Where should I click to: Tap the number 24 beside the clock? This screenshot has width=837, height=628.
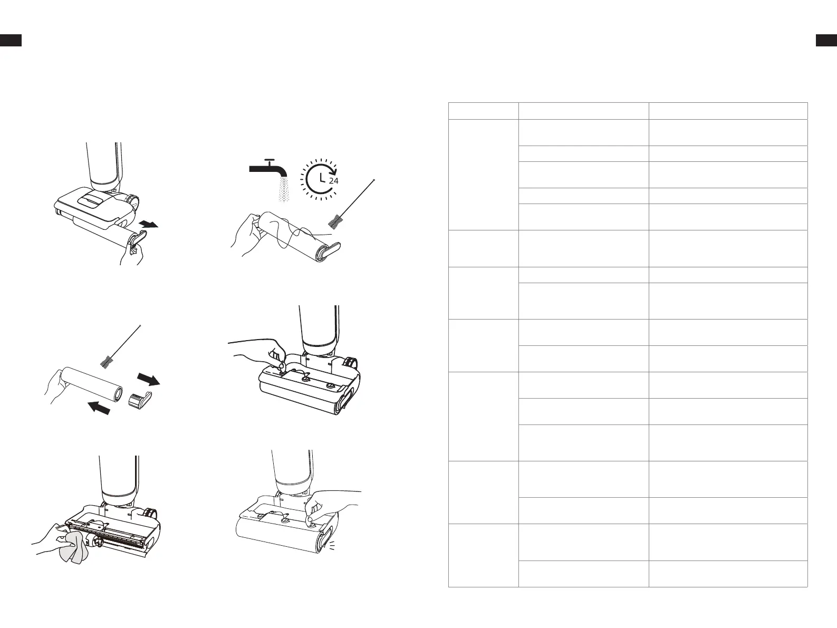(333, 181)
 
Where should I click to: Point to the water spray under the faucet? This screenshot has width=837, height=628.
(283, 189)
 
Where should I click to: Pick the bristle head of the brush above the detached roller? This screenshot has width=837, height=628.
(106, 361)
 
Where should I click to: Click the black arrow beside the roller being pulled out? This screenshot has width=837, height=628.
(148, 224)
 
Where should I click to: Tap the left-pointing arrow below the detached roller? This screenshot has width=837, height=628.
(99, 408)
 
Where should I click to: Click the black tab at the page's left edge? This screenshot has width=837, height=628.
(11, 40)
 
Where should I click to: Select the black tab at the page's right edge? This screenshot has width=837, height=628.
(826, 40)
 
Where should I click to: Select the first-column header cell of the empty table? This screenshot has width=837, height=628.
(483, 111)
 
